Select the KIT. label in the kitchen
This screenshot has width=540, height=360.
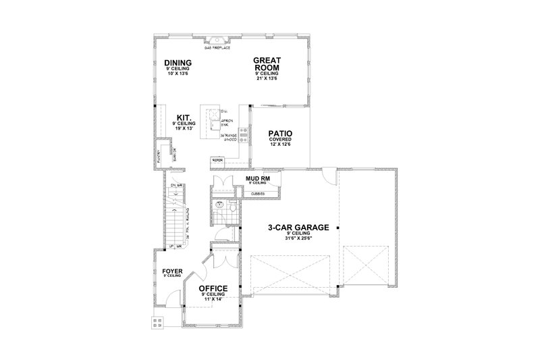point(182,115)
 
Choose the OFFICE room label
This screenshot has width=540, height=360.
point(213,288)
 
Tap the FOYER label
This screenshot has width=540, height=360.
point(172,270)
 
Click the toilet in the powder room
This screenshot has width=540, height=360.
point(232,209)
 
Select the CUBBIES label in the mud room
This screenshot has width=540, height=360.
point(258,194)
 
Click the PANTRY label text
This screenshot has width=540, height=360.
point(159,155)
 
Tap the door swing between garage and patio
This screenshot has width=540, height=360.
point(327,175)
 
